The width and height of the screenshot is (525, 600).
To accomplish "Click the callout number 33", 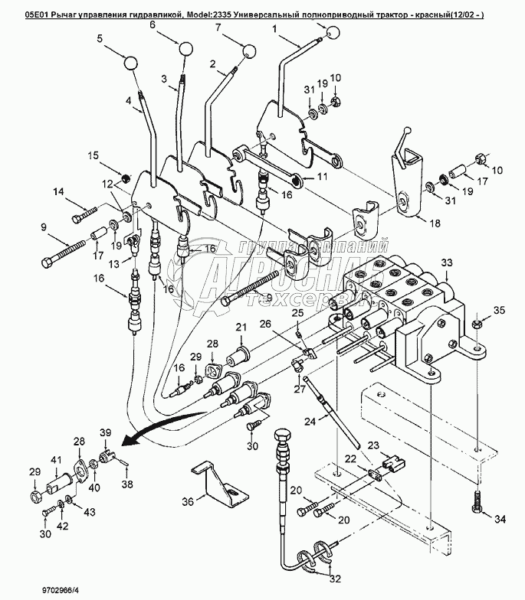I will tap(446, 264).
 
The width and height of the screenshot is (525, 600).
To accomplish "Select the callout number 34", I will tap(499, 520).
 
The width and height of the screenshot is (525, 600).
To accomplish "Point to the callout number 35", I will tap(499, 310).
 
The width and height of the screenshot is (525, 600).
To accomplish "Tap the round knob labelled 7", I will tap(251, 51).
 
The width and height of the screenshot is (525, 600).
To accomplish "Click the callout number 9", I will tap(44, 227).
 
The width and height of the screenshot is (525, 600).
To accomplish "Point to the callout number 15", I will tap(93, 156).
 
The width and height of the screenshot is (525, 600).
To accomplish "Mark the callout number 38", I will tap(128, 484).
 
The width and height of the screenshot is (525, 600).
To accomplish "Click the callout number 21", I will tap(241, 328).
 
